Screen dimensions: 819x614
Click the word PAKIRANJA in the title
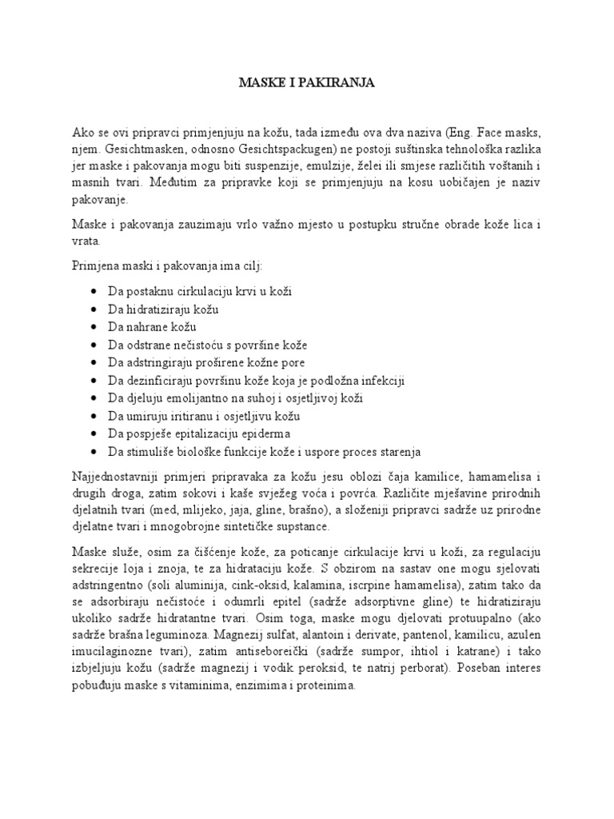click(x=337, y=82)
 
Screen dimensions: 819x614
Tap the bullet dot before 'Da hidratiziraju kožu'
click(x=95, y=310)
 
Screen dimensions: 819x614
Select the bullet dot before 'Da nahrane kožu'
click(x=95, y=327)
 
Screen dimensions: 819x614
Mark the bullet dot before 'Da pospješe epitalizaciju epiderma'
click(x=95, y=433)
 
